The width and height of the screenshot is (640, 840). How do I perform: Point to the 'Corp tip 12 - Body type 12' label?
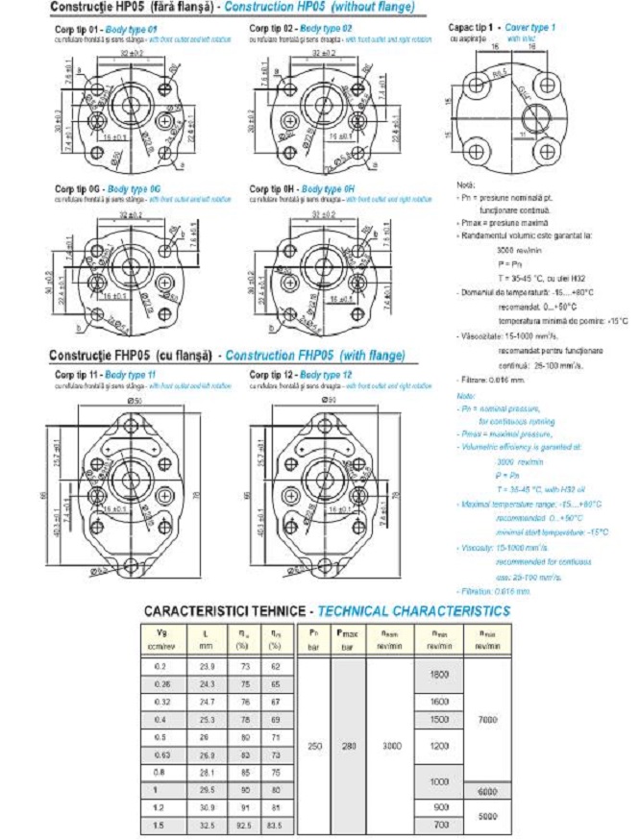point(299,373)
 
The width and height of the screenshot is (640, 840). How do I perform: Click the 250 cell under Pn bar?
point(313,745)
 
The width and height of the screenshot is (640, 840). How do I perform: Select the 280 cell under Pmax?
point(348,745)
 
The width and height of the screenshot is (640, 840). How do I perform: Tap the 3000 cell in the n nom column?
point(387,745)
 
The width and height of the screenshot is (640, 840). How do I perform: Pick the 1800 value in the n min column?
point(439,677)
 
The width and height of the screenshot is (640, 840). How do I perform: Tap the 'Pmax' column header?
point(348,634)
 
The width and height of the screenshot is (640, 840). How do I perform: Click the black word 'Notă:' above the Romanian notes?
point(467,185)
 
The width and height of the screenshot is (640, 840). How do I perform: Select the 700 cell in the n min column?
point(439,826)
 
